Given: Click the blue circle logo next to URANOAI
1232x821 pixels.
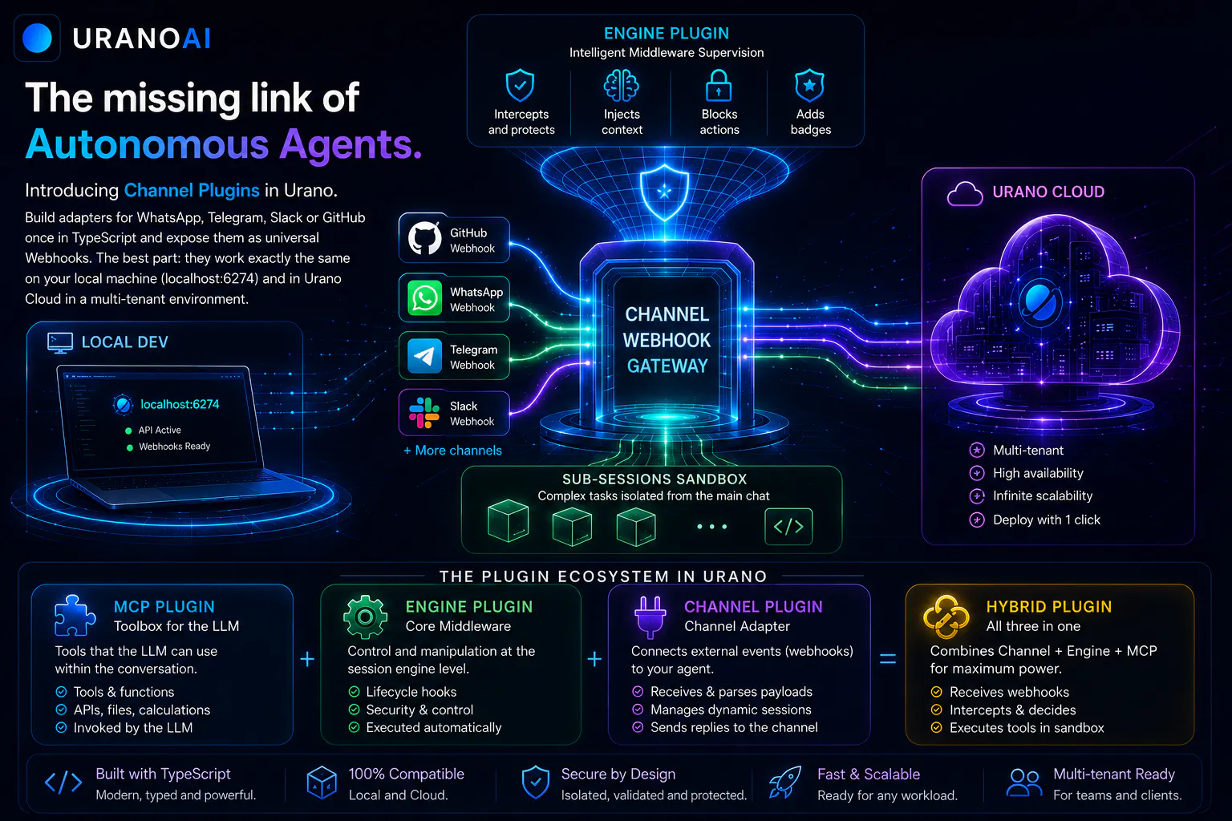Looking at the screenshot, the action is click(37, 38).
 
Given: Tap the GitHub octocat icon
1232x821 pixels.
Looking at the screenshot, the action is click(424, 239).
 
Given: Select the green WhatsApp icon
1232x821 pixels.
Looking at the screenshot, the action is click(424, 298).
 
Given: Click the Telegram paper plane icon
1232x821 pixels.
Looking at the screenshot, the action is click(424, 356).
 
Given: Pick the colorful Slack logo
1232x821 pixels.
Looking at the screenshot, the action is click(424, 413).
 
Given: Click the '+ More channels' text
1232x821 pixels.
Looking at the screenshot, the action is click(452, 451).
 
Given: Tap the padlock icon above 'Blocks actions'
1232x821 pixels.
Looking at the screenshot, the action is click(719, 85).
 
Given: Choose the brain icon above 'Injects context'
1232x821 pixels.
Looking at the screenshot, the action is click(622, 86).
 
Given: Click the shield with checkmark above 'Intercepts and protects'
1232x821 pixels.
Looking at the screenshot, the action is click(520, 85).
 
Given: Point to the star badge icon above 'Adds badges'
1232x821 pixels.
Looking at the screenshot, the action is click(809, 85).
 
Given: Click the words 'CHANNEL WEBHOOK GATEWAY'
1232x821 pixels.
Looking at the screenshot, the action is click(667, 340).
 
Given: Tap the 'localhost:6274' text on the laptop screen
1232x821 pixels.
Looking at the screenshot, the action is click(180, 405).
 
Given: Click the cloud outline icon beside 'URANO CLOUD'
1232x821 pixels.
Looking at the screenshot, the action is click(965, 193).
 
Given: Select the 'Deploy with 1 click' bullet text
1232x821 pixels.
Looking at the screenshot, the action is click(1046, 520).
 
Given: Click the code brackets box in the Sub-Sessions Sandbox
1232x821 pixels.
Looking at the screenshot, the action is click(788, 526).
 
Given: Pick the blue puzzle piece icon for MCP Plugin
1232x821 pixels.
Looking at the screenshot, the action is click(75, 616).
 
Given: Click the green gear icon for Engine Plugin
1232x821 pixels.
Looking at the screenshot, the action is click(365, 617).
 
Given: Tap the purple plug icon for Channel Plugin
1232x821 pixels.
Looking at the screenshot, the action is click(650, 617).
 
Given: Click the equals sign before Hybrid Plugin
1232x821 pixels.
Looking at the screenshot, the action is click(888, 658).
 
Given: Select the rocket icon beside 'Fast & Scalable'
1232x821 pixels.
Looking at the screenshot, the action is click(785, 782).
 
